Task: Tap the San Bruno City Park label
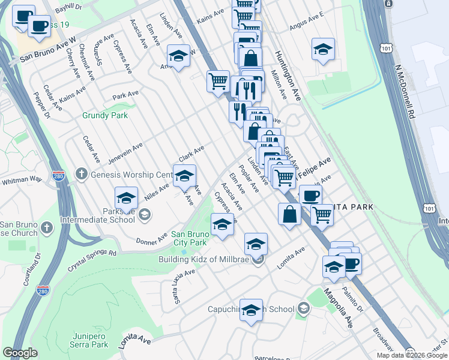tap(189, 238)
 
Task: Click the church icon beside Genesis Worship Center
tap(82, 175)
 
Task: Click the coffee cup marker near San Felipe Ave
tap(310, 196)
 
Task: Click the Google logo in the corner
tap(20, 353)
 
